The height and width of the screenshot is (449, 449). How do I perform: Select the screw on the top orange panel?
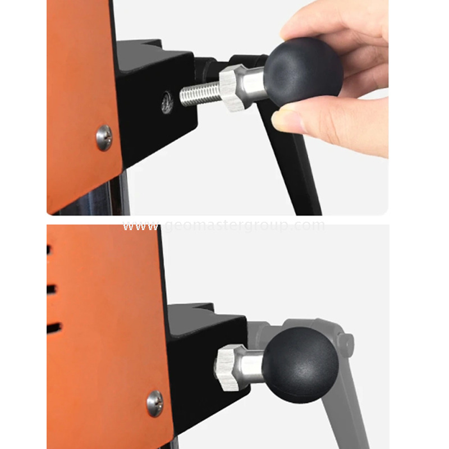(104, 137)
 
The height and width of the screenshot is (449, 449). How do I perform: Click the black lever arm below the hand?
(297, 168)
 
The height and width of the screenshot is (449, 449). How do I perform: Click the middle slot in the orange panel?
(51, 288)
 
